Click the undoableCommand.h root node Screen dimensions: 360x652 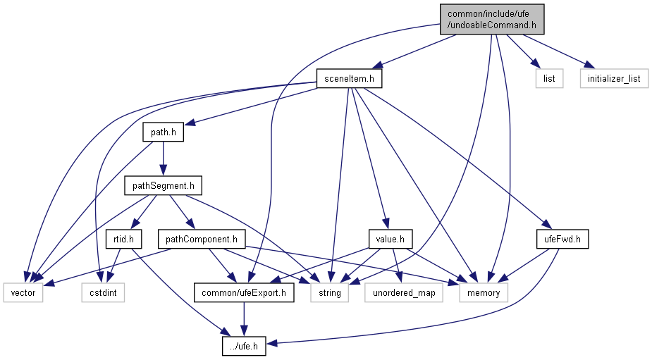pos(492,19)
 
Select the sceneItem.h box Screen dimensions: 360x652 pos(349,78)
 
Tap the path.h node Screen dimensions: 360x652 pos(163,132)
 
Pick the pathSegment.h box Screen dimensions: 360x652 pos(163,185)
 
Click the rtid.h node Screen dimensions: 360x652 pos(123,240)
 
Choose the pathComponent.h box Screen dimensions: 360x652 pos(201,240)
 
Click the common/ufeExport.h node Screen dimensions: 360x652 pos(244,292)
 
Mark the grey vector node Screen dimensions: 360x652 pos(23,292)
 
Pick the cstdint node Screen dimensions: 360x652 pos(103,292)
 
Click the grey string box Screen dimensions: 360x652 pos(331,292)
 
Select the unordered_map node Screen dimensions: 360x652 pos(404,292)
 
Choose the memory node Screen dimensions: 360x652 pos(483,292)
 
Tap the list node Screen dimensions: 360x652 pos(549,78)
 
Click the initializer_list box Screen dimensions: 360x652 pos(614,78)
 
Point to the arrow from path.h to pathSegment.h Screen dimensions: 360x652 pos(163,159)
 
